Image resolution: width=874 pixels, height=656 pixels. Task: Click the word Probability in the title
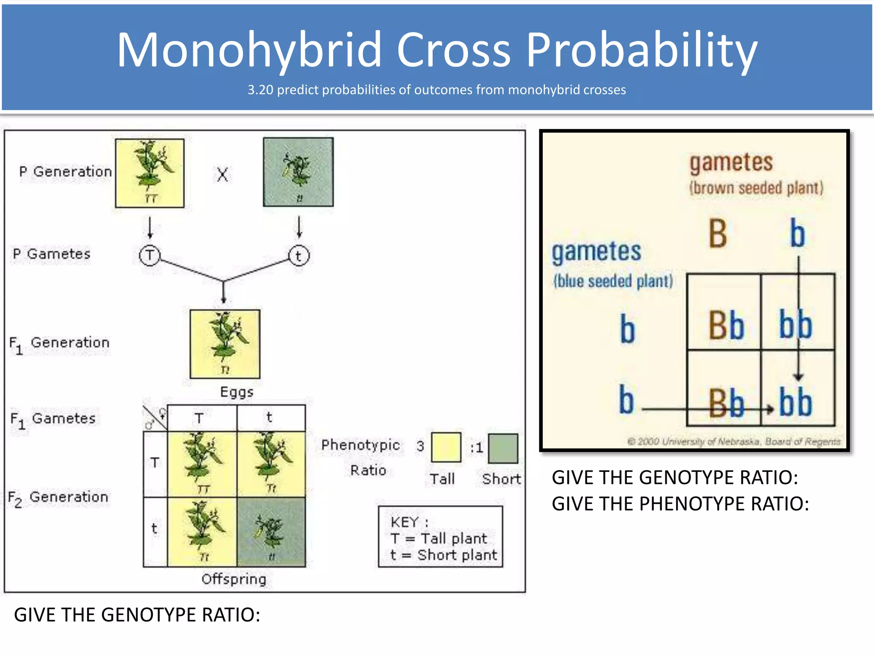(x=641, y=50)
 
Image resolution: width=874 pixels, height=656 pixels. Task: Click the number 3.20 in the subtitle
(x=260, y=90)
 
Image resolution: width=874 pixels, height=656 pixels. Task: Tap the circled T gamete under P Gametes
(x=149, y=255)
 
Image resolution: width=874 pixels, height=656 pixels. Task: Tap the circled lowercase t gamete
(x=299, y=255)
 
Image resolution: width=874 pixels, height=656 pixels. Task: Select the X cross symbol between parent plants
(x=222, y=174)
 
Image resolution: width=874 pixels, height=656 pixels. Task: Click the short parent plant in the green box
(x=298, y=172)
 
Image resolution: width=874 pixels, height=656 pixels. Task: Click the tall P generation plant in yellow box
(x=150, y=173)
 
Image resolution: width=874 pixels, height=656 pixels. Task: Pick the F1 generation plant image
(x=225, y=344)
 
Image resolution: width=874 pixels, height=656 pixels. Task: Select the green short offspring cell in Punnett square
(x=271, y=532)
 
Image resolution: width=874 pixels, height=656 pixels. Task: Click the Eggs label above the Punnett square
(x=236, y=392)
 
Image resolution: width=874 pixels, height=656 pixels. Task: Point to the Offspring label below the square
(x=234, y=579)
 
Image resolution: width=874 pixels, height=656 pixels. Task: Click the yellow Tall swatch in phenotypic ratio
(x=446, y=447)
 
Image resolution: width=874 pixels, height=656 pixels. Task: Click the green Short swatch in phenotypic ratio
(x=503, y=448)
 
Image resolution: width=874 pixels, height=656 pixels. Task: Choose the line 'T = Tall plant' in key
(x=439, y=539)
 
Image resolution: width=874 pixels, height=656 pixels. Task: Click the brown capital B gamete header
(x=718, y=234)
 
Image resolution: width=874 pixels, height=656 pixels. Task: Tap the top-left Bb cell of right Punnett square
(x=725, y=325)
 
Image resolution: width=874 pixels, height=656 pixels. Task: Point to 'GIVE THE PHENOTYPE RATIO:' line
(x=680, y=504)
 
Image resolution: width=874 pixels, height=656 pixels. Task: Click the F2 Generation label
(x=58, y=498)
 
